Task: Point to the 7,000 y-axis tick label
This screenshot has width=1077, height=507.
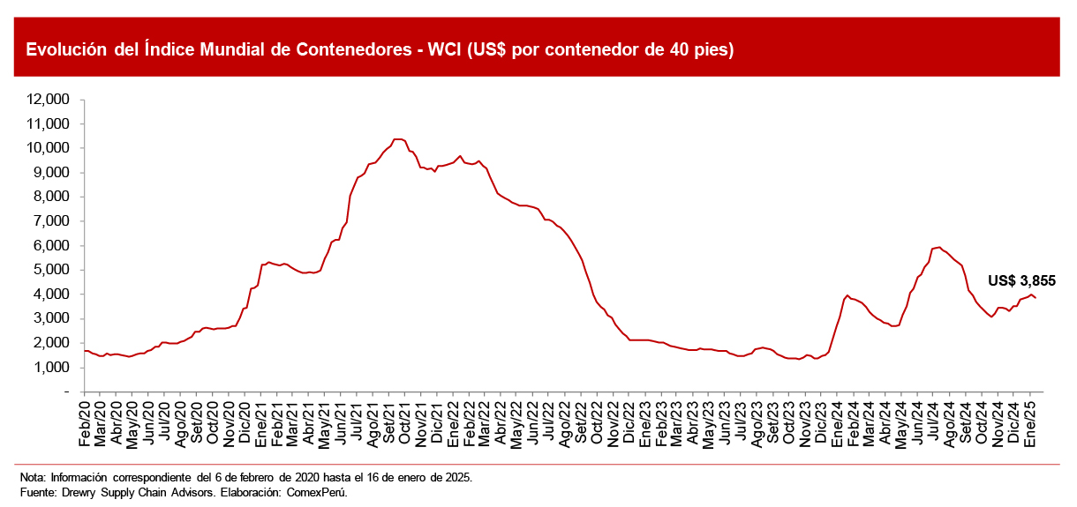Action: click(55, 221)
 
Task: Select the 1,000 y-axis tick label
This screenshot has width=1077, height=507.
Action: click(55, 367)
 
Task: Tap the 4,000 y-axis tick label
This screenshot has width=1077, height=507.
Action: click(55, 295)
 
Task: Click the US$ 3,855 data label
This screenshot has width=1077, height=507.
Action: click(1021, 281)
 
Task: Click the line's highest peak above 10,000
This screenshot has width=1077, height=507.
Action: click(398, 138)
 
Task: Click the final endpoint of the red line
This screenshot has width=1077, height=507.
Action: click(1035, 297)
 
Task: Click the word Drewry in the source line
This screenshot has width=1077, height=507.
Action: click(79, 492)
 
